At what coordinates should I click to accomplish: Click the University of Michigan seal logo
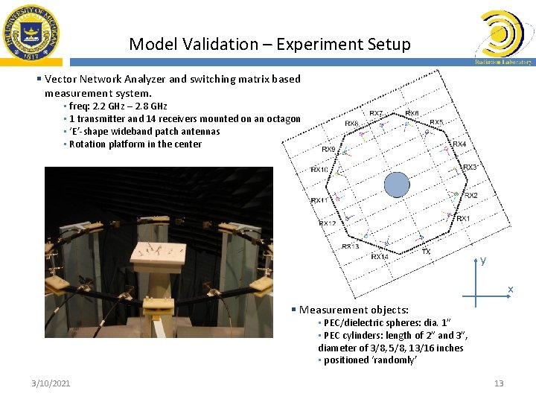pyautogui.click(x=31, y=32)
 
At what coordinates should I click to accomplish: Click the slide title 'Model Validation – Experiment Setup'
pyautogui.click(x=269, y=44)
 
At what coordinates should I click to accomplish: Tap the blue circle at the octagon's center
pyautogui.click(x=397, y=184)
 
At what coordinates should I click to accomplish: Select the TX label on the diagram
pyautogui.click(x=426, y=252)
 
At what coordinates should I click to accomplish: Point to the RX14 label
pyautogui.click(x=380, y=256)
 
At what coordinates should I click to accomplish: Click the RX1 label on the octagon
pyautogui.click(x=463, y=218)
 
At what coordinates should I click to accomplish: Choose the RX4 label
pyautogui.click(x=459, y=144)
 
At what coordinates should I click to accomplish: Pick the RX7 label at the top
pyautogui.click(x=377, y=114)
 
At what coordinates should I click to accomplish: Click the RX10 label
pyautogui.click(x=319, y=170)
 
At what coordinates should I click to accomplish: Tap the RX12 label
pyautogui.click(x=328, y=223)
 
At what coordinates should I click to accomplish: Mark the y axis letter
pyautogui.click(x=483, y=261)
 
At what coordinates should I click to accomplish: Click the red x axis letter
pyautogui.click(x=510, y=289)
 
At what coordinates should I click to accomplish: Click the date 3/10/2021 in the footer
pyautogui.click(x=51, y=383)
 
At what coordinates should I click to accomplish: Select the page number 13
pyautogui.click(x=499, y=383)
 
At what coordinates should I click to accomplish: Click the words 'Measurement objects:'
pyautogui.click(x=354, y=310)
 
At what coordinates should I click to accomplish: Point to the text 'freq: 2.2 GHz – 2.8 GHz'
pyautogui.click(x=118, y=106)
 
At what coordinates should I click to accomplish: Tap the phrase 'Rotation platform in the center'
pyautogui.click(x=135, y=144)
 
